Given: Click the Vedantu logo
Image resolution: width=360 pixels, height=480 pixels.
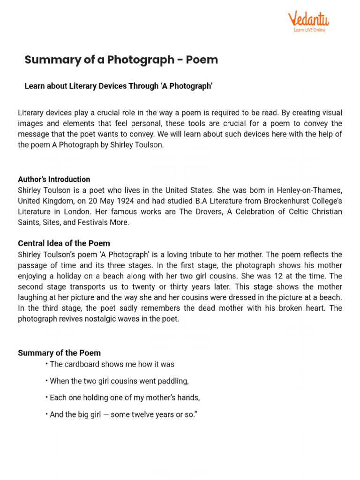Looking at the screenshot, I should [x=308, y=20].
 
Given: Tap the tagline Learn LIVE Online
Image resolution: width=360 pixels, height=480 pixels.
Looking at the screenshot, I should [x=309, y=30].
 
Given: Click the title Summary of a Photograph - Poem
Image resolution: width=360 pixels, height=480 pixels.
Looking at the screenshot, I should [x=121, y=60].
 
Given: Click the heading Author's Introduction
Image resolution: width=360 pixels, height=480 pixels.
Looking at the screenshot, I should [x=54, y=179].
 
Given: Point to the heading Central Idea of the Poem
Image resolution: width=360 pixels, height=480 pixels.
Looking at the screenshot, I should [x=64, y=243].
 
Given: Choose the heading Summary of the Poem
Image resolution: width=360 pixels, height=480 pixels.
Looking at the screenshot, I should [x=59, y=352].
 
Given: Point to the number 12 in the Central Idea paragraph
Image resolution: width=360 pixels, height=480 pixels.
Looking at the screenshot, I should [x=284, y=276].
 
